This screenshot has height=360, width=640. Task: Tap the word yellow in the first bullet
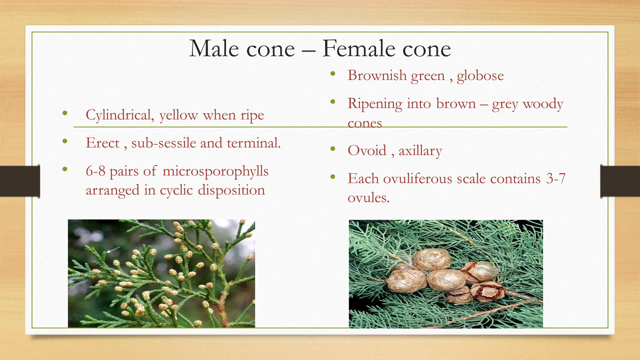(178, 115)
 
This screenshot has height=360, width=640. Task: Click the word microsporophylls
(215, 171)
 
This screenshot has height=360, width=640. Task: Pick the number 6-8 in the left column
(95, 171)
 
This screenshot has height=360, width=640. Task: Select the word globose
(480, 76)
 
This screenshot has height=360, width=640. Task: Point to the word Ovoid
(367, 151)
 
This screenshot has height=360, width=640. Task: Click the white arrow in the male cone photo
(113, 249)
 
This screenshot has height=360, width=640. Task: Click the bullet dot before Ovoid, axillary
(333, 149)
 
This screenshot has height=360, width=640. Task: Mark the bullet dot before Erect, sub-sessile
(65, 141)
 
